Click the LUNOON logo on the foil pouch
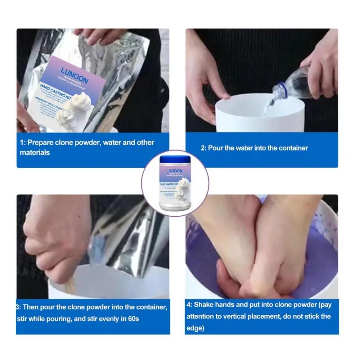(x=75, y=71)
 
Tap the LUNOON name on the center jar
(x=174, y=170)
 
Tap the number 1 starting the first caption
(x=22, y=142)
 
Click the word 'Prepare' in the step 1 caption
(x=40, y=142)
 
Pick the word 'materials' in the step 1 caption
(x=35, y=152)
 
